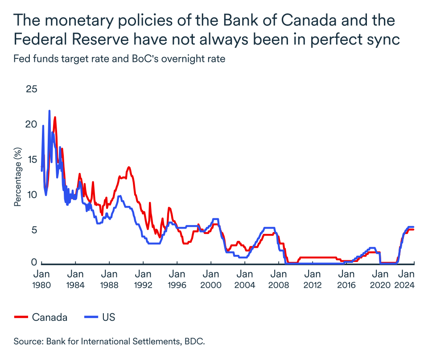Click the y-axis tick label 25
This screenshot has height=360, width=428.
(31, 89)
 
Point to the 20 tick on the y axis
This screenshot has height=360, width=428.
(31, 124)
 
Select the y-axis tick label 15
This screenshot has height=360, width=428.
(32, 160)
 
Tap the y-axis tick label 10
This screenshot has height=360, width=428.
(32, 195)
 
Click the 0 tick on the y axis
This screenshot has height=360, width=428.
(34, 262)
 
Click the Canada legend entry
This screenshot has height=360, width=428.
(49, 317)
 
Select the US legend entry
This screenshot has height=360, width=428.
(108, 317)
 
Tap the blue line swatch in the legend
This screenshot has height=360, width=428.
(91, 317)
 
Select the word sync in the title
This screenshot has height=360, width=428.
(382, 40)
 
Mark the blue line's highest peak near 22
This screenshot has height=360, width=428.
(49, 111)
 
